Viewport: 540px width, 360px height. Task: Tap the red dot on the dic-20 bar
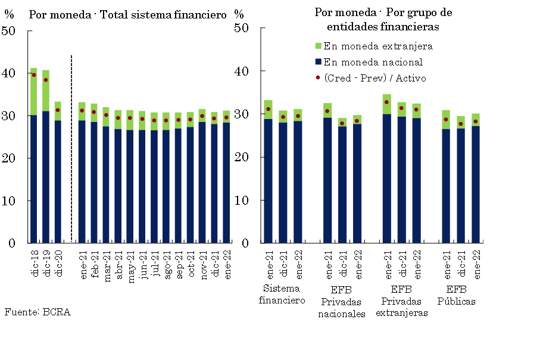(x=58, y=110)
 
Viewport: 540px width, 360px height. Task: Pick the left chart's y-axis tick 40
(x=10, y=73)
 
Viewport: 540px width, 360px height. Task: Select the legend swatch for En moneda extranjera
(x=318, y=46)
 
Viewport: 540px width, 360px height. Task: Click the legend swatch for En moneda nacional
(x=318, y=62)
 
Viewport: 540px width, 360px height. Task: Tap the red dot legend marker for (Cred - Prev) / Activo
(x=318, y=78)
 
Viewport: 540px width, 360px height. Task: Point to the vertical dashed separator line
(x=71, y=149)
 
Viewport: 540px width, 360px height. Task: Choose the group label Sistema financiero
(x=282, y=295)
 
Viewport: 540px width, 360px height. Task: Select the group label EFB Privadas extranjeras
(x=401, y=301)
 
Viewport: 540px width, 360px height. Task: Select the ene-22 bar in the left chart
(x=226, y=179)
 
